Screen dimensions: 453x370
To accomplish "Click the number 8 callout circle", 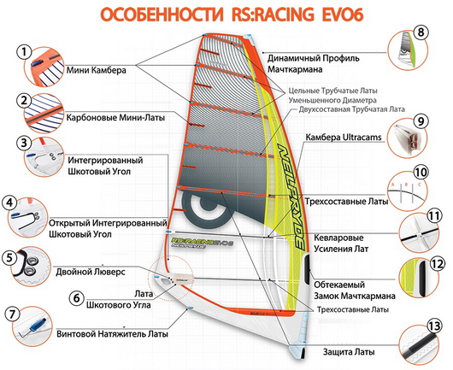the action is (x=421, y=32).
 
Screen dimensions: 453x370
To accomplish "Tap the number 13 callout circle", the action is (x=434, y=326).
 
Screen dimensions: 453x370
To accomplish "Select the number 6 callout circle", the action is (x=77, y=297).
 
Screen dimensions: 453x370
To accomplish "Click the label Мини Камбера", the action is (x=97, y=70).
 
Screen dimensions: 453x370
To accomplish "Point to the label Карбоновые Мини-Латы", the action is (x=115, y=118).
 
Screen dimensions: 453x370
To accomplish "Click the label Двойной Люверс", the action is (x=91, y=272).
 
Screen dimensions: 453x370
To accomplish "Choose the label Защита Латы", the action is (x=349, y=352).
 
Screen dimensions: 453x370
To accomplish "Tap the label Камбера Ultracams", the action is (x=344, y=137).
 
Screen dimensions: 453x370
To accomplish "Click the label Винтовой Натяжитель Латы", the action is (x=112, y=334).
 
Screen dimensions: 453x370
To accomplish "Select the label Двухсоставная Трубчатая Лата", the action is (x=351, y=109).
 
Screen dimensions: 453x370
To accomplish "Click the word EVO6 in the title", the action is (x=343, y=15).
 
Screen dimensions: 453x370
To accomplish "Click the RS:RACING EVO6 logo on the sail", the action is (x=202, y=242).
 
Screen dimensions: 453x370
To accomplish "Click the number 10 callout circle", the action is (x=421, y=173).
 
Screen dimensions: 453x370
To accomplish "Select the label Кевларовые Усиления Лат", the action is (x=341, y=244).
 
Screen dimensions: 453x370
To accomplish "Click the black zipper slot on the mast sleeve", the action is (x=308, y=268).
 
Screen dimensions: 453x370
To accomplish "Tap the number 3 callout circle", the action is (x=24, y=143).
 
